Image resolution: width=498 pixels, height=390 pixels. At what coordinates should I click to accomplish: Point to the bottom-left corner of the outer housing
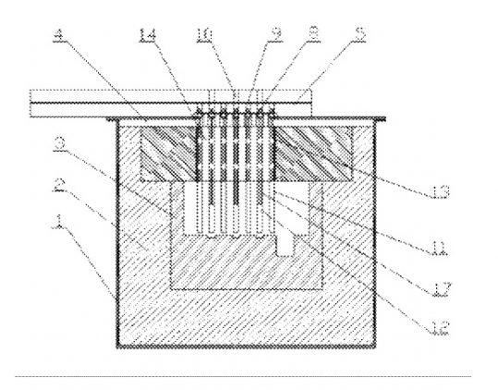point(115,352)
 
